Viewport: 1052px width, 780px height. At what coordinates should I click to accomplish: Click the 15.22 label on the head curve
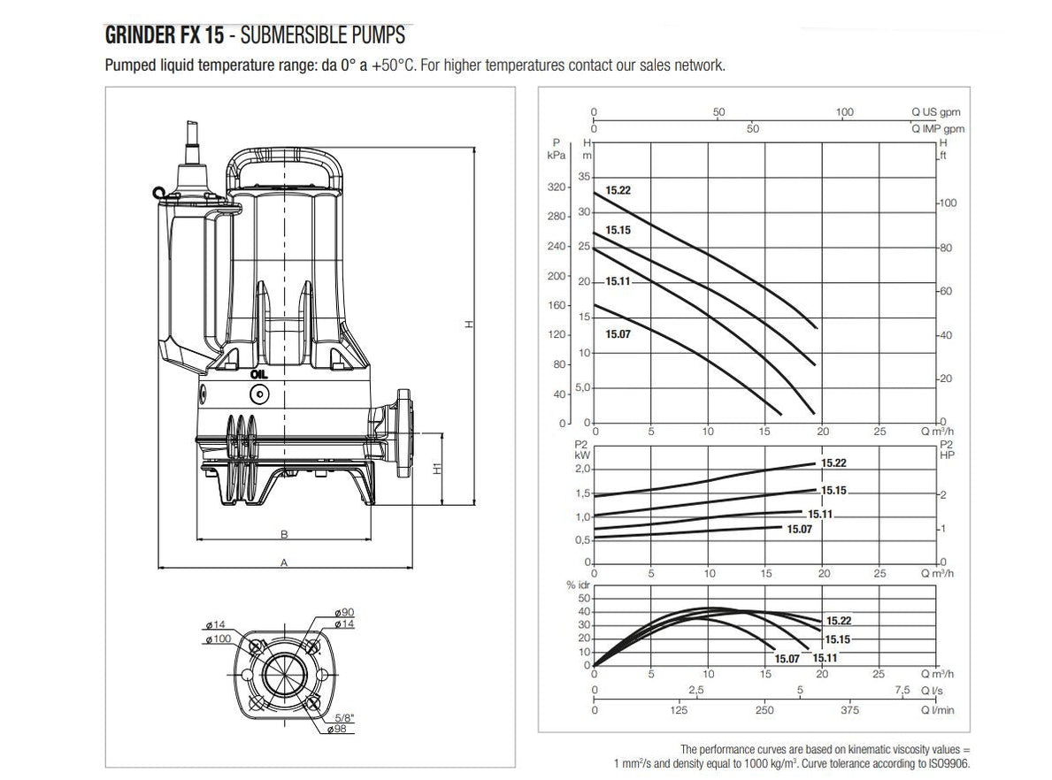618,190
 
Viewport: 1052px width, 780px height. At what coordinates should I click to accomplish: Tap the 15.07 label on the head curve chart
618,334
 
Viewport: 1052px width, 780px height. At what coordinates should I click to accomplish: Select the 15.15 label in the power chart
834,490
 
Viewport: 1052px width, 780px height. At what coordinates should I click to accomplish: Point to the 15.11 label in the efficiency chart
825,658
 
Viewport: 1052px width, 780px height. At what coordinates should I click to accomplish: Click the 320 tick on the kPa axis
557,187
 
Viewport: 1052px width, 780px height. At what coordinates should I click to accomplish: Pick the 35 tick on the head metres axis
584,178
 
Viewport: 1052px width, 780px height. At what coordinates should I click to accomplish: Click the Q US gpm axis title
935,112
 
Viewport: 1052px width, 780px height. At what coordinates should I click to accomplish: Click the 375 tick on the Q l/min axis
849,710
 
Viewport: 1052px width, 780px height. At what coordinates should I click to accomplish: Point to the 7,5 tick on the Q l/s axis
901,690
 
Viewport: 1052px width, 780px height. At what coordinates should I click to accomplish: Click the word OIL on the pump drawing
258,373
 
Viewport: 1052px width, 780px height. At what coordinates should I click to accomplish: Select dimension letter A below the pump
284,562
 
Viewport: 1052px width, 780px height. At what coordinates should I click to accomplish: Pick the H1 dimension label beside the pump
438,469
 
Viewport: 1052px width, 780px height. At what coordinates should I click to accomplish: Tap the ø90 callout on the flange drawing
345,613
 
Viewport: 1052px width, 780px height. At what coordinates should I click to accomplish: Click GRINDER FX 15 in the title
161,36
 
